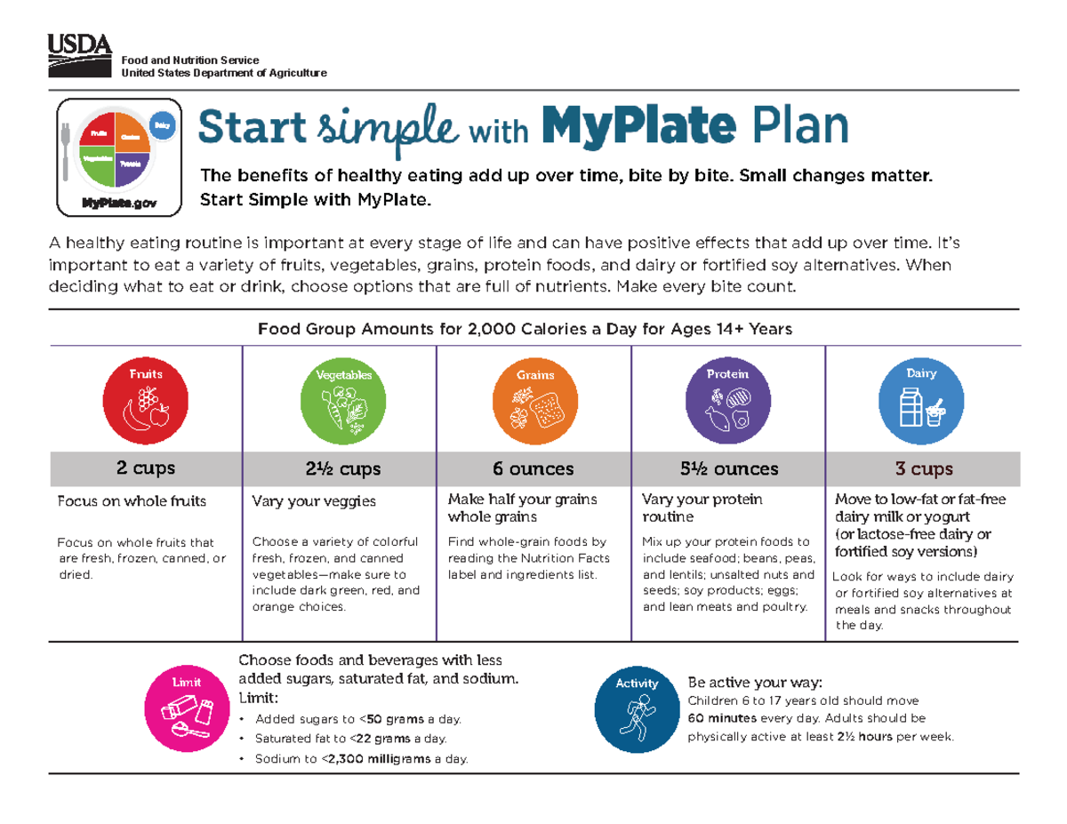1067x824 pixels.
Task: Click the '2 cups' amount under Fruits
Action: pos(146,468)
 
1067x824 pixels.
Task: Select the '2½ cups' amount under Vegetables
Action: pos(341,468)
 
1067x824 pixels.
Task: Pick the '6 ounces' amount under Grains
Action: pos(533,468)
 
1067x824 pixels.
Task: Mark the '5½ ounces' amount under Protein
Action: pos(728,468)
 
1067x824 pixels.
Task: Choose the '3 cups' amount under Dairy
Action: pos(924,468)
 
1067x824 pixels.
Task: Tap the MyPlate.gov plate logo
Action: pos(118,156)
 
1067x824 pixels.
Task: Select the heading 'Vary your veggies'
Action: pos(314,501)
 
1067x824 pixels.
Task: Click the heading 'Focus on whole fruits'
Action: pos(132,500)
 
